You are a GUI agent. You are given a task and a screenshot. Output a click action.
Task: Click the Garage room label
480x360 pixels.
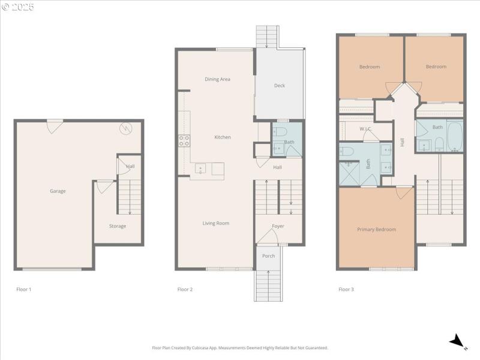(58, 191)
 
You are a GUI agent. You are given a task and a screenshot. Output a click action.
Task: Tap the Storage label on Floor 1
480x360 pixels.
(118, 226)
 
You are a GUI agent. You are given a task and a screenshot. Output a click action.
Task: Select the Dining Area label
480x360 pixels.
(217, 79)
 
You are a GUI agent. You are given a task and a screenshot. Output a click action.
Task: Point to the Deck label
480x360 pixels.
(280, 85)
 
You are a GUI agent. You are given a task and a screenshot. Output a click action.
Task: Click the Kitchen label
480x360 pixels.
(223, 137)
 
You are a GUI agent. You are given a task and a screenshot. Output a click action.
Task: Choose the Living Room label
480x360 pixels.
(216, 223)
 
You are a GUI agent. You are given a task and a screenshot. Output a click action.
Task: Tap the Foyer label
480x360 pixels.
(278, 226)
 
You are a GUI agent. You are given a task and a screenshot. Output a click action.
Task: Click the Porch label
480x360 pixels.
(269, 256)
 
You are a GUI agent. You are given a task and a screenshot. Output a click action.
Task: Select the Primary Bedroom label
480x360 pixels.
(376, 229)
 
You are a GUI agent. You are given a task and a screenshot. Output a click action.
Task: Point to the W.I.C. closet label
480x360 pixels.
(367, 129)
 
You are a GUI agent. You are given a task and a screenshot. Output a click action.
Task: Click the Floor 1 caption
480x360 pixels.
(23, 289)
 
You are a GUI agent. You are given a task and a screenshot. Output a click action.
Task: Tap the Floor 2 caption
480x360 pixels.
(185, 289)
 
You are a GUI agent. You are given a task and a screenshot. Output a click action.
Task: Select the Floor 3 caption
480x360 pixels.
(346, 289)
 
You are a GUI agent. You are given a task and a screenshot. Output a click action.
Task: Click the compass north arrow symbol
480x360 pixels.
(458, 341)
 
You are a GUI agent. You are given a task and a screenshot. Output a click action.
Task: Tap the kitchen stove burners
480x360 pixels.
(184, 141)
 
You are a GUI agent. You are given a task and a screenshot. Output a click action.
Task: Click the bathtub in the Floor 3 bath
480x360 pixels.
(455, 137)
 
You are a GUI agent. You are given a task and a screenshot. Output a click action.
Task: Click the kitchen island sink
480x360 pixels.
(200, 169)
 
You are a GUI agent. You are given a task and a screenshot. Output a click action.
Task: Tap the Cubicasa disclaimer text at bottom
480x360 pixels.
(240, 347)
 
